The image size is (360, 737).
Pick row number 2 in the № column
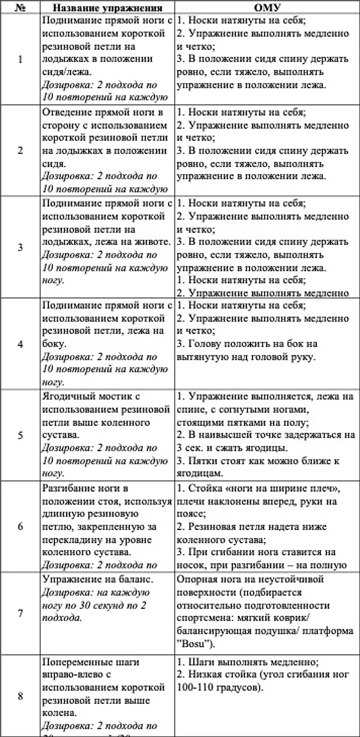(x=20, y=150)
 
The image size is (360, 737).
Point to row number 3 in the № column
(x=20, y=247)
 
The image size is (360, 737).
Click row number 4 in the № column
(x=20, y=344)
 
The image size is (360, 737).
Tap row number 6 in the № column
(x=20, y=526)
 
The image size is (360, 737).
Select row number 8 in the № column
(x=20, y=696)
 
